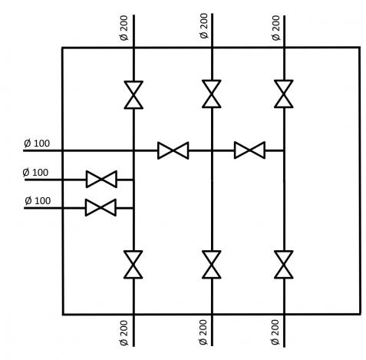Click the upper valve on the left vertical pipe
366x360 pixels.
[x=134, y=95]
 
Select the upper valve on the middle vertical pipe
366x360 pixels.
[x=212, y=94]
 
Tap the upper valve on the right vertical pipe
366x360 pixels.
[x=284, y=94]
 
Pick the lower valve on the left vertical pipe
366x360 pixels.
[x=134, y=264]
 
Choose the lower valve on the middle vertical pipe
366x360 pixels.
[x=212, y=264]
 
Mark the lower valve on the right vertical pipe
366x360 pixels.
[x=284, y=264]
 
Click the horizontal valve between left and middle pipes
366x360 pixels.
[x=173, y=150]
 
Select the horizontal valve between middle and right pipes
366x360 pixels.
[x=249, y=150]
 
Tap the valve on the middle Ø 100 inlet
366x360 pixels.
[x=101, y=179]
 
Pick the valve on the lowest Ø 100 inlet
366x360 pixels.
[x=101, y=207]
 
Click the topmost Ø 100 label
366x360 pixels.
[x=37, y=144]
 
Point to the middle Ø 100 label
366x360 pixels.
[x=35, y=173]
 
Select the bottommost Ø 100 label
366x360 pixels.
[x=38, y=200]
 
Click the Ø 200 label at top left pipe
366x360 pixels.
[x=124, y=28]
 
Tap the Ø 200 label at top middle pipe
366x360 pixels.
[x=204, y=26]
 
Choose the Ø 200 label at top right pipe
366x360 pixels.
[x=276, y=28]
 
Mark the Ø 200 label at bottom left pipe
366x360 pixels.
[x=124, y=333]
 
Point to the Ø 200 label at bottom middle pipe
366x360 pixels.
[x=203, y=332]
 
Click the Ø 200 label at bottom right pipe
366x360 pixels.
[x=275, y=332]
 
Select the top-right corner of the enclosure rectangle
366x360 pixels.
[x=360, y=48]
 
